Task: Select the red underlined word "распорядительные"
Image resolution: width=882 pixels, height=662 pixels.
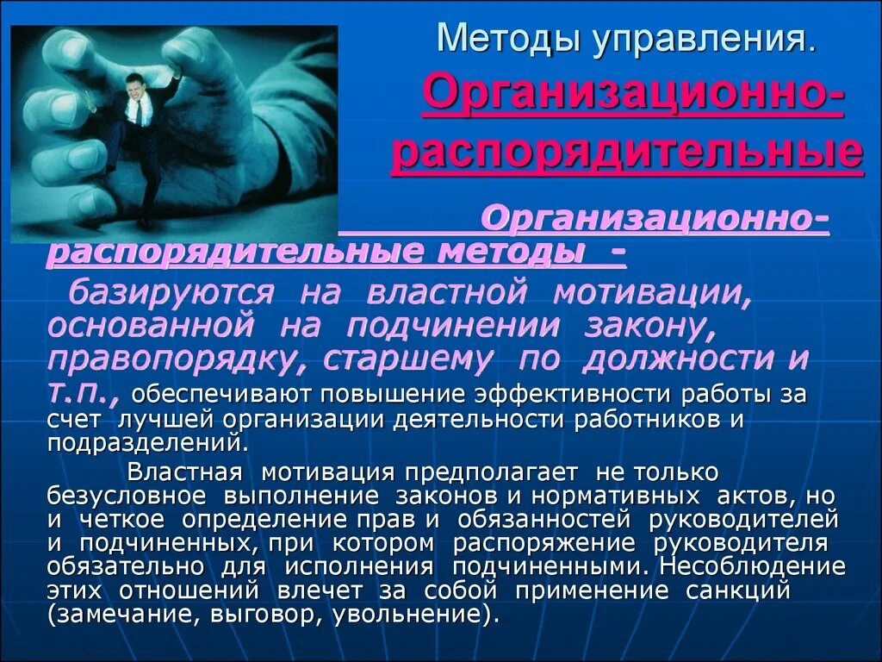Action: (x=627, y=153)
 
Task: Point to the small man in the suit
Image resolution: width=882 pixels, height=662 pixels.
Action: (x=140, y=121)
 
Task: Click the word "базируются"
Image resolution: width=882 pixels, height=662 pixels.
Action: (x=171, y=292)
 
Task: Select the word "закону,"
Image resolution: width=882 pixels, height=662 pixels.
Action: (x=689, y=326)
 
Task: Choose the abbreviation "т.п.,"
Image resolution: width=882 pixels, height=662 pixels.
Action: (x=84, y=393)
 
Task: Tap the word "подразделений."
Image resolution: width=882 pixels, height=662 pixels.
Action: (x=148, y=443)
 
